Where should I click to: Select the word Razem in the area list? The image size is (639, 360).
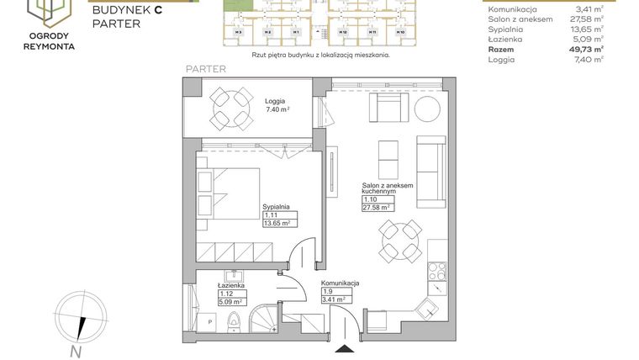tap(504, 50)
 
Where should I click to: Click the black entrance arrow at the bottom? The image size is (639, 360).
tap(345, 347)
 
